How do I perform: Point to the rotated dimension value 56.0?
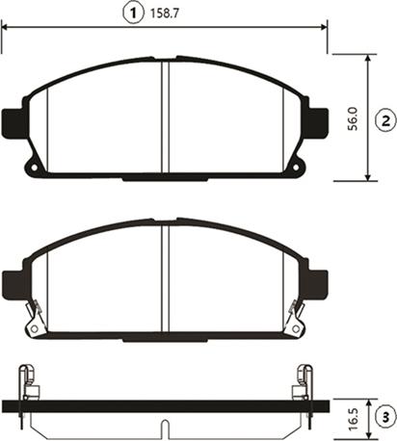pos(353,117)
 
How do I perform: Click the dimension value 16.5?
pos(353,418)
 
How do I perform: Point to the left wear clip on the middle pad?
pos(35,318)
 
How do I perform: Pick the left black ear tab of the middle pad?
pos(13,281)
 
